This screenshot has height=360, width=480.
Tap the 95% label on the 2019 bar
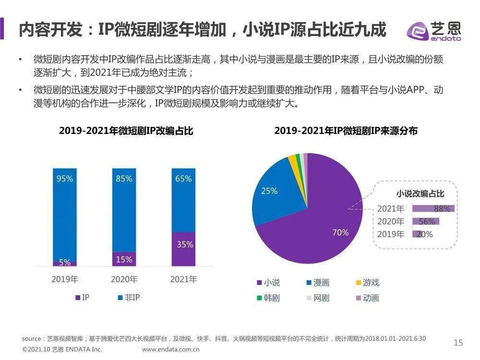tap(65, 179)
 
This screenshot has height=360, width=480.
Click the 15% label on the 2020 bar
tap(124, 259)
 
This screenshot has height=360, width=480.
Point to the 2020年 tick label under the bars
tap(124, 279)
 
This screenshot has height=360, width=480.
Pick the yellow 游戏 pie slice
tap(293, 162)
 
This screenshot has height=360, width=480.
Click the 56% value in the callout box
tap(426, 222)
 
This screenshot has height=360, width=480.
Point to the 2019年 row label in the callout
tap(390, 234)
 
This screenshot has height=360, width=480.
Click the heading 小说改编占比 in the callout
tap(420, 194)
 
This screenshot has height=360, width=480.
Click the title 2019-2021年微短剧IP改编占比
tap(126, 131)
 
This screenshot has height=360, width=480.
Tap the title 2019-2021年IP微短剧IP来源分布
tap(346, 131)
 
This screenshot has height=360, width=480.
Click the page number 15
tap(458, 342)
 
